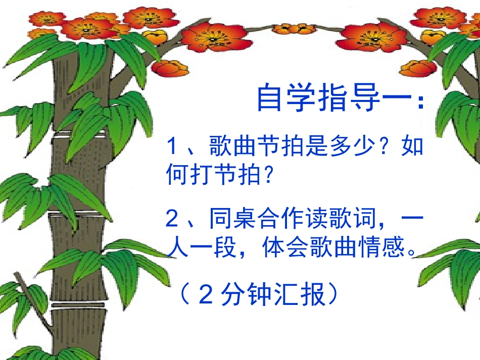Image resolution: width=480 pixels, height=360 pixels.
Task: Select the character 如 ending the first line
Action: point(411,147)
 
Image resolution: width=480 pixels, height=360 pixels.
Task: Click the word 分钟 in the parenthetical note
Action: point(239,295)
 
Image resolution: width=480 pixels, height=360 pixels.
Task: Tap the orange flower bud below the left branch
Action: point(170,68)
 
